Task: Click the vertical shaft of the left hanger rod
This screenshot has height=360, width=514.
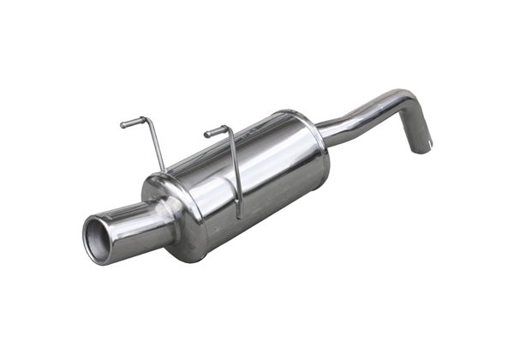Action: (x=155, y=147)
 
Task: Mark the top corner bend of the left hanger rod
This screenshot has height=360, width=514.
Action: (x=146, y=119)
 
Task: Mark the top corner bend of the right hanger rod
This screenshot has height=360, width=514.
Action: (x=226, y=129)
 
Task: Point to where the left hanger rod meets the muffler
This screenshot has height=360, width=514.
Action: (x=163, y=170)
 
